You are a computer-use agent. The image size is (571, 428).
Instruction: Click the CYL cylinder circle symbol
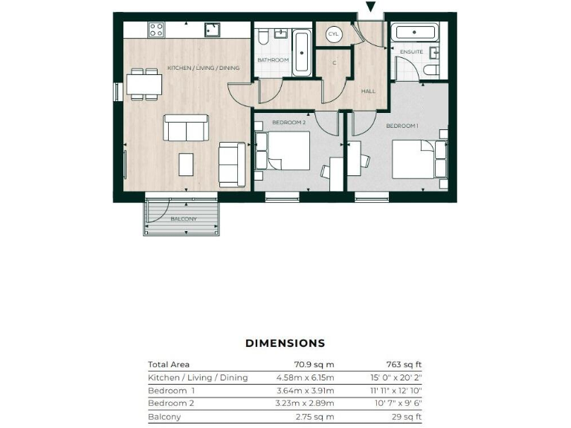(x=332, y=34)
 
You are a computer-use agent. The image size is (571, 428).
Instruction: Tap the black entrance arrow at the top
(x=371, y=7)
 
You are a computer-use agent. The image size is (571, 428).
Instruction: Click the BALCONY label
(x=183, y=218)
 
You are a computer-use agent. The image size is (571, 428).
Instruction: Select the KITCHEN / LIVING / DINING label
(x=203, y=68)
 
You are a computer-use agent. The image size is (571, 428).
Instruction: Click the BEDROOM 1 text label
(x=401, y=126)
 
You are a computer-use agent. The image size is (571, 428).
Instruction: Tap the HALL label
(x=368, y=91)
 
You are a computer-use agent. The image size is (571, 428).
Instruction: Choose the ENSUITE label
(x=411, y=52)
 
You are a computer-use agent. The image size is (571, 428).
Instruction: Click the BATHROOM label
(x=273, y=59)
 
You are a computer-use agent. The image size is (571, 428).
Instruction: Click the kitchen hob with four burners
(x=156, y=30)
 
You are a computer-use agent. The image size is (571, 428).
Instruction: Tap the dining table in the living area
(x=143, y=83)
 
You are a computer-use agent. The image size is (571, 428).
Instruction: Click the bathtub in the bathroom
(x=301, y=52)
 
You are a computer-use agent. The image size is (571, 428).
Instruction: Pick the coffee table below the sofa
(x=186, y=163)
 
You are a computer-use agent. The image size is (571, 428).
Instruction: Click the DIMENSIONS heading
(x=285, y=343)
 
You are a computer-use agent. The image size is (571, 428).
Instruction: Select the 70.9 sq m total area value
(x=315, y=365)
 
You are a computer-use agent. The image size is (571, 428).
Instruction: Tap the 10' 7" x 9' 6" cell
(x=398, y=404)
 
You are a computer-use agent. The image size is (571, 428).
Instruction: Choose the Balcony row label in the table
(x=164, y=418)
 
